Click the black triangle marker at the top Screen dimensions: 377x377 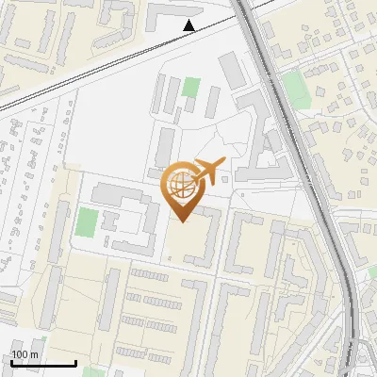pos(190,25)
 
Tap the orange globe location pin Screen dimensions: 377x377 pos(184,188)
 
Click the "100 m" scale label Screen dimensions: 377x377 pos(25,354)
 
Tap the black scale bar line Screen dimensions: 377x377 pos(43,364)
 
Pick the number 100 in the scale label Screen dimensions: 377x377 pos(19,354)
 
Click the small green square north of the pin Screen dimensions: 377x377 pos(192,88)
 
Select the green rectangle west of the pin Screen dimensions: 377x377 pos(87,223)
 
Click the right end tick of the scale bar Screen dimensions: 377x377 pos(75,362)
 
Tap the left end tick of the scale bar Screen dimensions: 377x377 pos(11,362)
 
